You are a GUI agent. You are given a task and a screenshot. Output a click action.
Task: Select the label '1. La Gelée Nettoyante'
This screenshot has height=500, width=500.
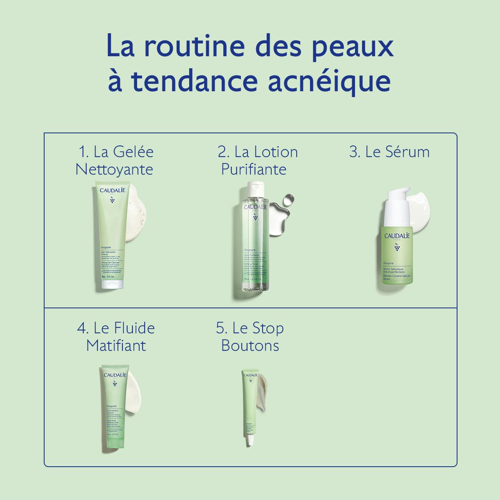115,160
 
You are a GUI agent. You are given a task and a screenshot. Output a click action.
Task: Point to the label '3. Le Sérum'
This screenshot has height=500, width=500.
389,152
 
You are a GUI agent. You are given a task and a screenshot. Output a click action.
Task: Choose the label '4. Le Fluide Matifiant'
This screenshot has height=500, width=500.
116,337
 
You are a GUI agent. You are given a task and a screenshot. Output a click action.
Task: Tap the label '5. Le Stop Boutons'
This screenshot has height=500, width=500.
250,337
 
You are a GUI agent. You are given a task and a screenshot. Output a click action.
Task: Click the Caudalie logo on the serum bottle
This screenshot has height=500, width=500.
397,236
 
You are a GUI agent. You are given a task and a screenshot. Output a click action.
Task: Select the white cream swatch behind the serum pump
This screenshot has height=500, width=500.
421,204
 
